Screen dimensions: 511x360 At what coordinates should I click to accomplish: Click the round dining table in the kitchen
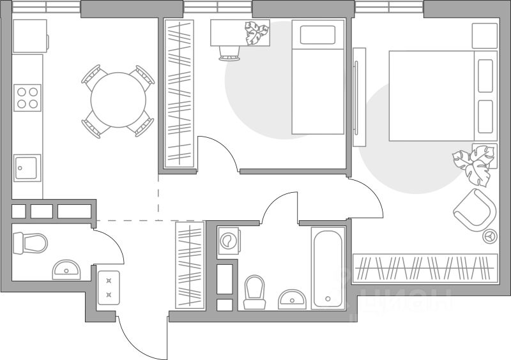coord(118,100)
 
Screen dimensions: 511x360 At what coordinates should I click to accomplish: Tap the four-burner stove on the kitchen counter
coord(27,97)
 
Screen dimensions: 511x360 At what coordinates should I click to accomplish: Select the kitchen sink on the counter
coord(27,169)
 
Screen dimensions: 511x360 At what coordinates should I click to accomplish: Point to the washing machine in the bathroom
coord(227,241)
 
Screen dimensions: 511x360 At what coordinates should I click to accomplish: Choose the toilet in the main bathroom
coord(254,290)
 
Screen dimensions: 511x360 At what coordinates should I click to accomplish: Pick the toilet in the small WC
coord(31,243)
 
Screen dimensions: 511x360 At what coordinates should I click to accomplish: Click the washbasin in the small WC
coord(66,270)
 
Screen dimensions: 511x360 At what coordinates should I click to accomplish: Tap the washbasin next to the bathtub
coord(293,299)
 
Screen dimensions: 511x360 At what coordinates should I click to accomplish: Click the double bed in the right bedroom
coord(441,96)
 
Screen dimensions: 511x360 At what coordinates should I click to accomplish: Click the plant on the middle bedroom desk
coord(257,32)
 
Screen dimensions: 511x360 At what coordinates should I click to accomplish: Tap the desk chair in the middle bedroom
coord(229,52)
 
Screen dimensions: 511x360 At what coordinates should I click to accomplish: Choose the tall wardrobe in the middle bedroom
coord(179,94)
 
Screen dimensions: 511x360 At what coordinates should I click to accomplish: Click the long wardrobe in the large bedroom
coord(425,267)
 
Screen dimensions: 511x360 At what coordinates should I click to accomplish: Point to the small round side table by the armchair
coord(491,236)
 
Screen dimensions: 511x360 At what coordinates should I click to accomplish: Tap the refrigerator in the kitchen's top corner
coord(30,36)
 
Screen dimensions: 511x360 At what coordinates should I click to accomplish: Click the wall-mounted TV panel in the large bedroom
coord(359,96)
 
